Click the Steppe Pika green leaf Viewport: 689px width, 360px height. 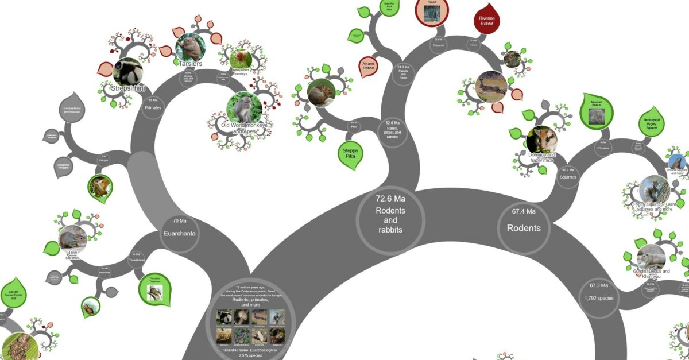coord(351,154)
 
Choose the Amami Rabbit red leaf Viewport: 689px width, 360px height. coord(368,67)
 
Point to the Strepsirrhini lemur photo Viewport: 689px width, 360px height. coord(127,72)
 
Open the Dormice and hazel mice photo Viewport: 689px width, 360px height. coord(541,140)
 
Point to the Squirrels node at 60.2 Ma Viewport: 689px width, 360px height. coord(567,175)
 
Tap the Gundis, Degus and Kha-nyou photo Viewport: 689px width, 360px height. coord(651,257)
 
